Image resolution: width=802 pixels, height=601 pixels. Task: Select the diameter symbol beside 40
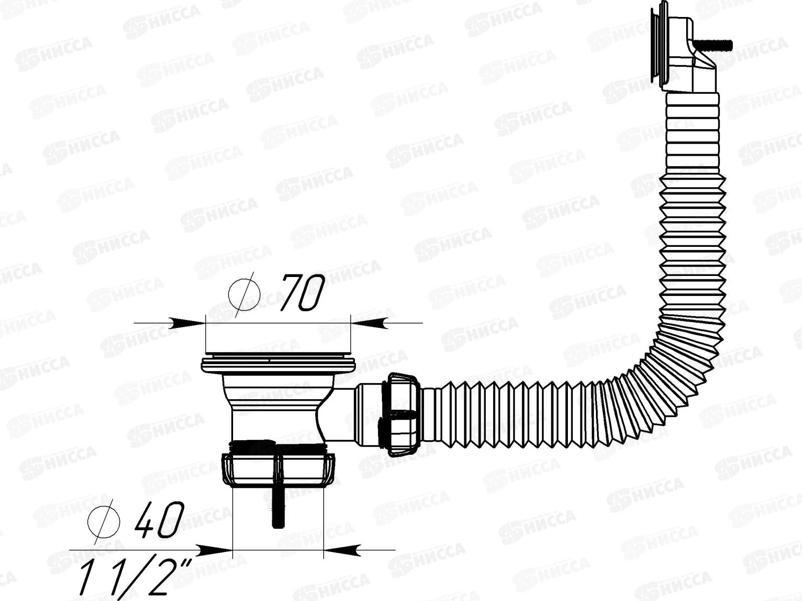pos(104,520)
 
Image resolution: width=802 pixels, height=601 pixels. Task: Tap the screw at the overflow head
pos(722,46)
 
